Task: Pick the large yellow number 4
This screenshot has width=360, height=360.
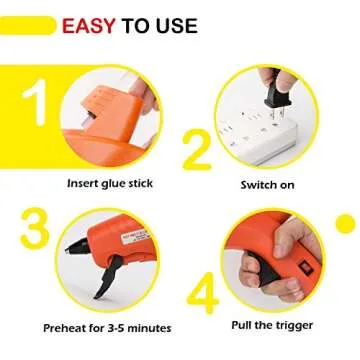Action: point(204,296)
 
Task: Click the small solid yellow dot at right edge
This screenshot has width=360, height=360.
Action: point(345,221)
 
